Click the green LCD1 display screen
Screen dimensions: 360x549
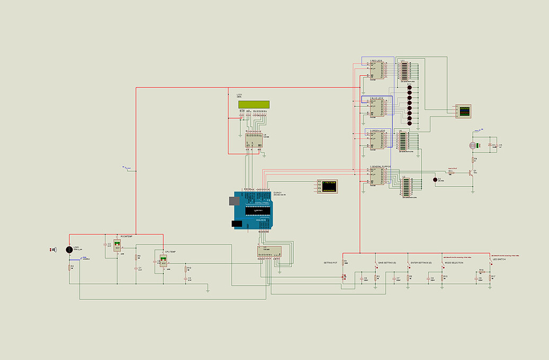[253, 104]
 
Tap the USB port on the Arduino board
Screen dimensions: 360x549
[233, 201]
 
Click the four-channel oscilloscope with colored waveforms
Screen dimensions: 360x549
[464, 111]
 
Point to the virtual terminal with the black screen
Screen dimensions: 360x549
[328, 186]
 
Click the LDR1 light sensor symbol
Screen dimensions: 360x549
[69, 250]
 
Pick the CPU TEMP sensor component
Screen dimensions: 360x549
[163, 262]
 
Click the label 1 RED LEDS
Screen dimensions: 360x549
[376, 61]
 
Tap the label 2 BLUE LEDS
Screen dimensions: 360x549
[377, 99]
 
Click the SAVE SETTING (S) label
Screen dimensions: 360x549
[387, 262]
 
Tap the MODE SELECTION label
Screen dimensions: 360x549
[454, 262]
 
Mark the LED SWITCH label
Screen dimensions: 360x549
[498, 259]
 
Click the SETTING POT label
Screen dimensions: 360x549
[330, 262]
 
